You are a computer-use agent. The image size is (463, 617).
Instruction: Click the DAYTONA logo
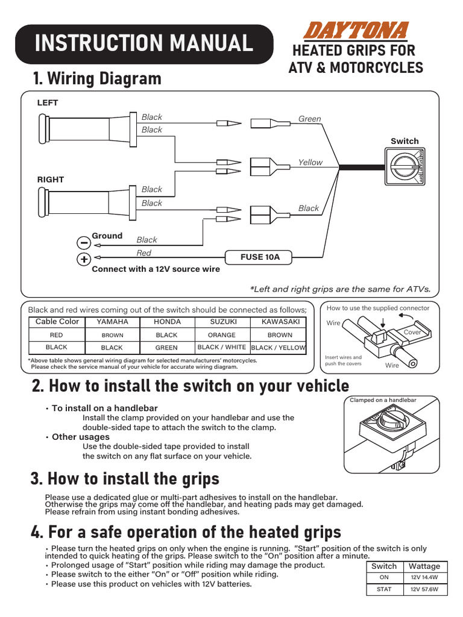356,31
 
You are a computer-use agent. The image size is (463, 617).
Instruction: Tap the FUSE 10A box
260,257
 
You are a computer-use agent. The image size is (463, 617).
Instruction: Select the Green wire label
310,119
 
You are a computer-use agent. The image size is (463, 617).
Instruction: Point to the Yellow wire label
310,163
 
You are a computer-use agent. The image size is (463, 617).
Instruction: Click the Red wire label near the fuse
143,253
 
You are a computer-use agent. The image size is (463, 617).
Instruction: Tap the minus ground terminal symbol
84,242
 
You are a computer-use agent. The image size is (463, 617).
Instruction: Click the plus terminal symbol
84,260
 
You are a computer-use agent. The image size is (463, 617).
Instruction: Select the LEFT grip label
48,103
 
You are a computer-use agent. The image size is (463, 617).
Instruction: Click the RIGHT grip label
51,180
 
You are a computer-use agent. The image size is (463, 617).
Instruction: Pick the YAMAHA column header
112,322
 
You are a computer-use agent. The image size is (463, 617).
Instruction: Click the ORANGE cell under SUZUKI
221,335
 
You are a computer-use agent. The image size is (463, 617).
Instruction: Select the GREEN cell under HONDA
166,348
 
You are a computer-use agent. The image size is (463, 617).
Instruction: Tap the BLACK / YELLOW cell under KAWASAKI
279,348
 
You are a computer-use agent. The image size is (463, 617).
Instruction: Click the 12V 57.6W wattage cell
424,589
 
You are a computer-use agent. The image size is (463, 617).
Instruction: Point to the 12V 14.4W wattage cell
424,577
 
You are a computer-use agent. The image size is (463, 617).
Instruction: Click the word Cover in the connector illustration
412,333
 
